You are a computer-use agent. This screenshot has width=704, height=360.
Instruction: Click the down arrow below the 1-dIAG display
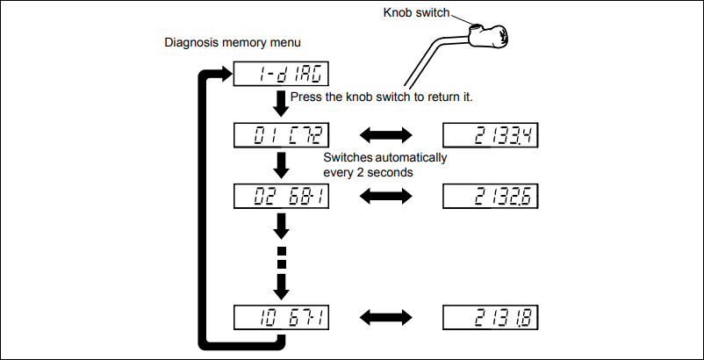(282, 104)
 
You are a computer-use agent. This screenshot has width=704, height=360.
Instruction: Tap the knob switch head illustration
(497, 36)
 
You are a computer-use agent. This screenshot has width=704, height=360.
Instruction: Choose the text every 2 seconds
(369, 173)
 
